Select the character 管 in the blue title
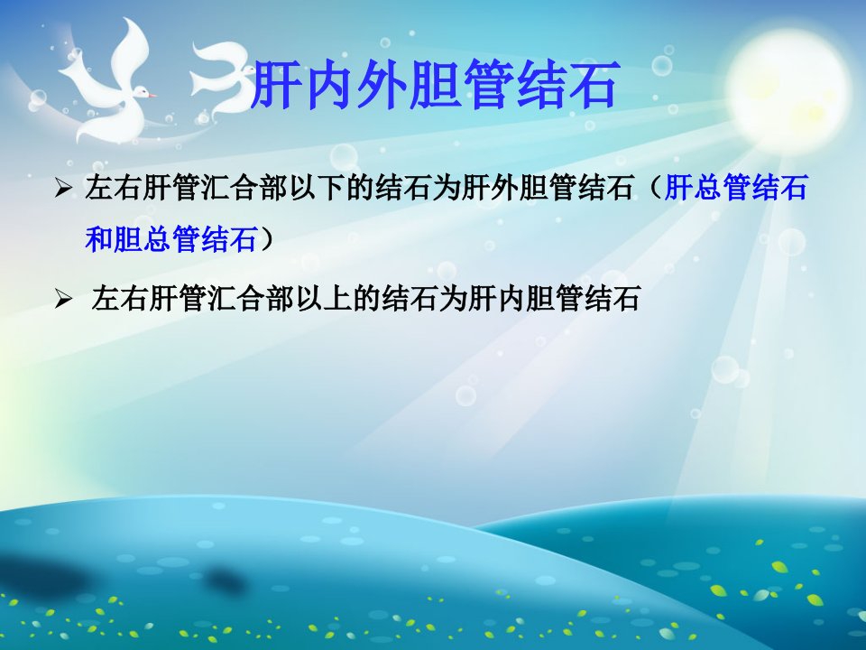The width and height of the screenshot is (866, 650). [x=487, y=85]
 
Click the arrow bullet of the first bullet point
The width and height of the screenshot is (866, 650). [x=63, y=189]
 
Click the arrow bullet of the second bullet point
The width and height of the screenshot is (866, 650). [x=63, y=300]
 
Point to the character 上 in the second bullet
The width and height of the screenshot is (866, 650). [x=338, y=299]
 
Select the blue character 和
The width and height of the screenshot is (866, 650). [x=99, y=239]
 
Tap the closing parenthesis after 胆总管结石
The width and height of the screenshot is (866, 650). [x=267, y=239]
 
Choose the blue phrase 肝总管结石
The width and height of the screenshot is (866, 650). [x=736, y=188]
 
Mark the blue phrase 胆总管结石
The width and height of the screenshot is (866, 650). [x=186, y=239]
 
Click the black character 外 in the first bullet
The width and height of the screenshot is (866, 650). [x=504, y=188]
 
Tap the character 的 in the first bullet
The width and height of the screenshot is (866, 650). [x=360, y=188]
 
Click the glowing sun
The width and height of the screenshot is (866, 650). [x=788, y=91]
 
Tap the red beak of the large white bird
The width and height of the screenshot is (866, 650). [x=151, y=95]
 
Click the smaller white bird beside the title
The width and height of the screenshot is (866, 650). [x=222, y=78]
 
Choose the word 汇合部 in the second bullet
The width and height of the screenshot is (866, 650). [x=252, y=299]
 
